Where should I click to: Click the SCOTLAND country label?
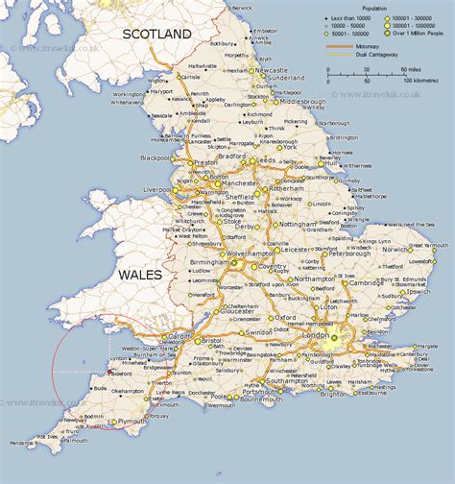click(156, 34)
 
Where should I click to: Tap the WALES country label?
click(145, 275)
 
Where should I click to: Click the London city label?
click(315, 349)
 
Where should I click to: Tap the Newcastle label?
click(265, 70)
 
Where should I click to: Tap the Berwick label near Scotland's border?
click(246, 7)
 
